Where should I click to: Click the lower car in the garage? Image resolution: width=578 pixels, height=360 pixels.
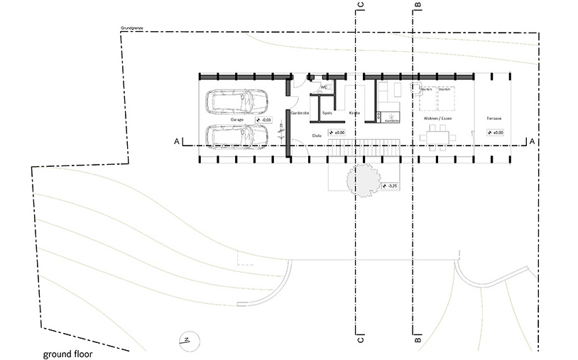click(237, 136)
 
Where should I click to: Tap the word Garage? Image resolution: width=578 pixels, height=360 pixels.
click(237, 120)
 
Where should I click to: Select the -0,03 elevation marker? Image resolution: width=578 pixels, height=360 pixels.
click(262, 120)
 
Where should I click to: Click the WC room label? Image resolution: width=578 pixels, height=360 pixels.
click(324, 87)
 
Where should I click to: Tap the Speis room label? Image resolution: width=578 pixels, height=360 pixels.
click(327, 113)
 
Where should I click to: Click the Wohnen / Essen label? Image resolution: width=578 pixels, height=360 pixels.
click(437, 118)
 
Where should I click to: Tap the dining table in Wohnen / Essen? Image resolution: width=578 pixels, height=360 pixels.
click(438, 133)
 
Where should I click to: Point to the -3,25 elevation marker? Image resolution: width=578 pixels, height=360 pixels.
click(391, 186)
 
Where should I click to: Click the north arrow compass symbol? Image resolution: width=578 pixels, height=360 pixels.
click(186, 339)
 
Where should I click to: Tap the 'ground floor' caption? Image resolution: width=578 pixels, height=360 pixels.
click(67, 353)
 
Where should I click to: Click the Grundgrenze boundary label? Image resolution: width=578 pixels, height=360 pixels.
click(133, 29)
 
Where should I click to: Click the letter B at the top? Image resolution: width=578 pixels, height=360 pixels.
click(418, 6)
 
